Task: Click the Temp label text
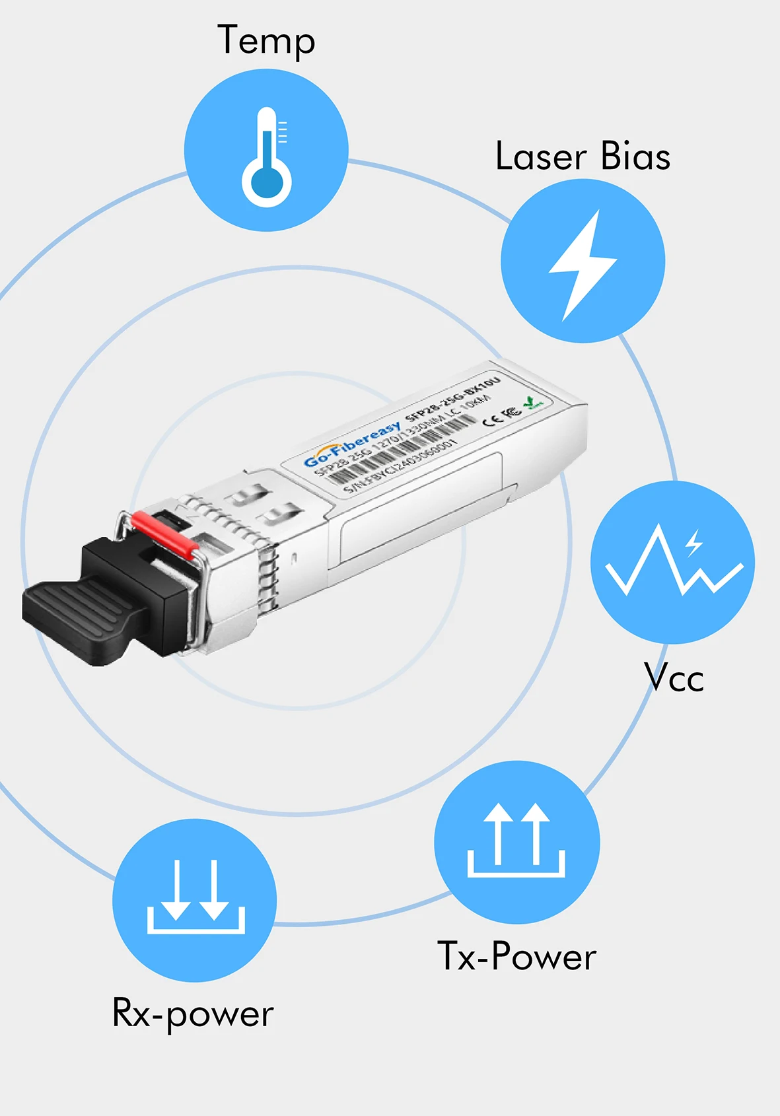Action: pos(266,41)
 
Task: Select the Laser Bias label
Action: pos(583,157)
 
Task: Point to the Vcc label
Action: pos(674,678)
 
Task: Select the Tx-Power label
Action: pos(516,956)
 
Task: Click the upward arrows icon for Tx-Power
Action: pos(516,840)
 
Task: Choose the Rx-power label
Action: pos(193,1013)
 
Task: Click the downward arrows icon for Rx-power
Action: pos(195,897)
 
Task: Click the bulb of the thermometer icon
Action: pos(266,184)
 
